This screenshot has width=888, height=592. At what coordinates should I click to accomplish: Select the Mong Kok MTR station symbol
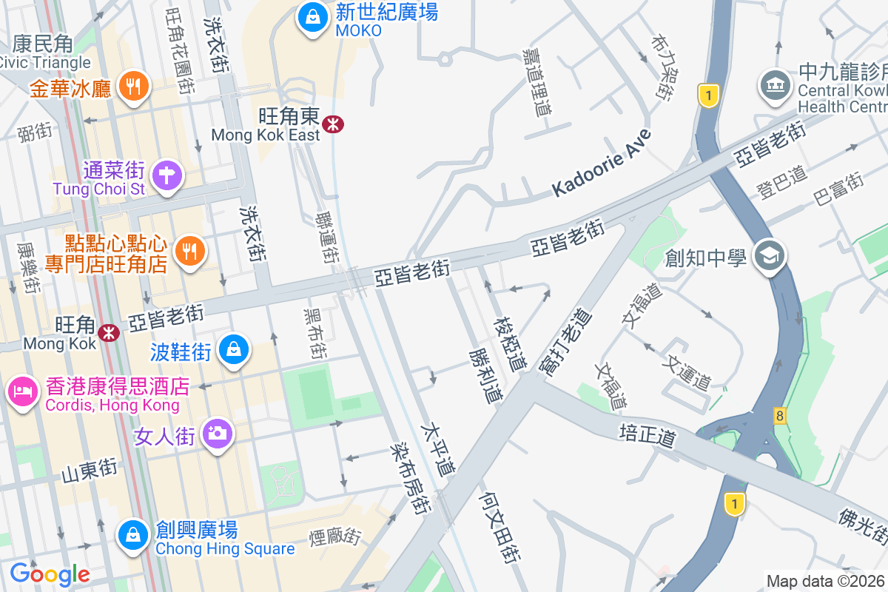[x=110, y=332]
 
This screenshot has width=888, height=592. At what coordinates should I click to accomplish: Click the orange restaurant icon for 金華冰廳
[x=133, y=87]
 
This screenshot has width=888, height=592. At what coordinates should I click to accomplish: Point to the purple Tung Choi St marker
[x=168, y=176]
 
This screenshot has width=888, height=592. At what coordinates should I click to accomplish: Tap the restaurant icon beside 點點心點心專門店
[x=190, y=252]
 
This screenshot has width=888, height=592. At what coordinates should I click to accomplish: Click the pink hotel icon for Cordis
[x=23, y=389]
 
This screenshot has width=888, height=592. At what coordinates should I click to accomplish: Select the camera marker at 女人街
[x=218, y=433]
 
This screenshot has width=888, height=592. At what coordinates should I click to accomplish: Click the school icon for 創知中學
[x=770, y=256]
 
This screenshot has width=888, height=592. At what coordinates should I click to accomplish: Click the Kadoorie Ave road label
[x=602, y=164]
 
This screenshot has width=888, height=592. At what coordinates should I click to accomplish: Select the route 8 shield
[x=780, y=415]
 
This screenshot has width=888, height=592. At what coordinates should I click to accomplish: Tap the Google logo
[x=50, y=573]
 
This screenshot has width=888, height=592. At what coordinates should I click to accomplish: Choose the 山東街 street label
[x=90, y=469]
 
